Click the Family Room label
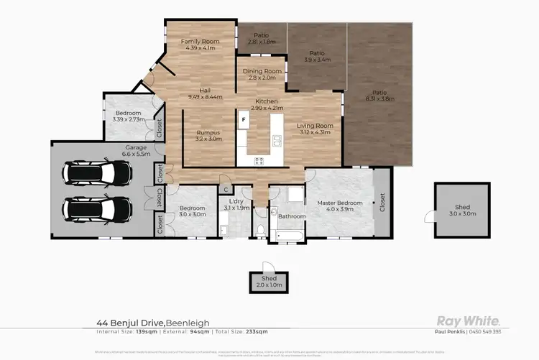click(x=200, y=45)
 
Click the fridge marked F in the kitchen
click(x=244, y=119)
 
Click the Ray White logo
click(x=469, y=321)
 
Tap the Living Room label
click(x=313, y=129)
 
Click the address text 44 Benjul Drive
click(x=133, y=323)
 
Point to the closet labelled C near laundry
click(x=226, y=189)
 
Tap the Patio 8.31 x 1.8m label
click(x=379, y=96)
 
